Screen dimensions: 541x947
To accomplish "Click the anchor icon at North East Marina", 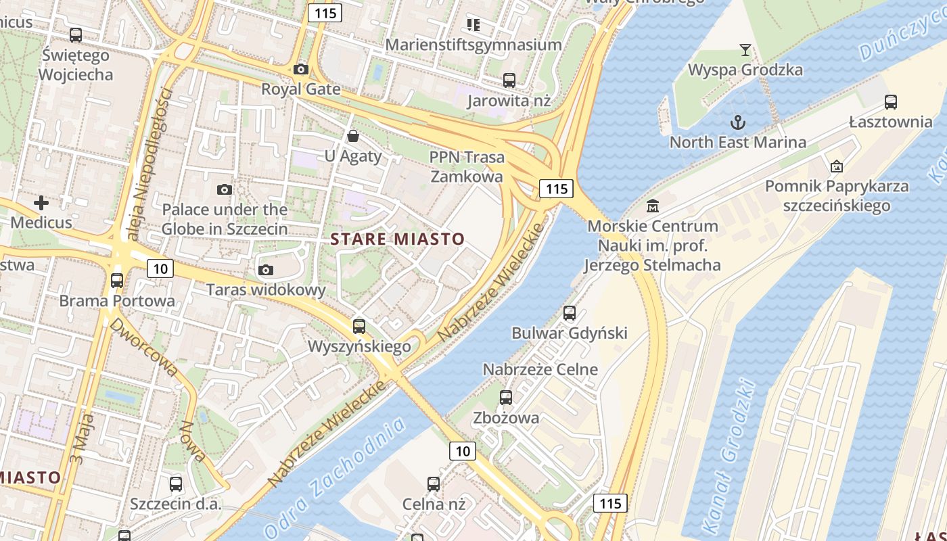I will coord(738,122).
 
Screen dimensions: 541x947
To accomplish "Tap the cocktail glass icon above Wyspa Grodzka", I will coord(745,49).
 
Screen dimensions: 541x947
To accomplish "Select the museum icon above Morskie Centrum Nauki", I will coord(653,206).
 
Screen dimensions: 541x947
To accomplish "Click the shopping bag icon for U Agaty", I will coord(352,136).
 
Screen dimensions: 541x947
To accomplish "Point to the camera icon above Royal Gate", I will coord(301,69).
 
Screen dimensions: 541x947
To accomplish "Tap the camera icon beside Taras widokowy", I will coord(266,270).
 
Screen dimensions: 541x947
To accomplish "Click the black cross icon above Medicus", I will coord(41,202).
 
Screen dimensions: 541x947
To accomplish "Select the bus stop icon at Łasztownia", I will coord(891,102).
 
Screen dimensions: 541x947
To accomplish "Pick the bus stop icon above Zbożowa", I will coord(506,398).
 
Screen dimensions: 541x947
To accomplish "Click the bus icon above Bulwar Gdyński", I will coord(570,313).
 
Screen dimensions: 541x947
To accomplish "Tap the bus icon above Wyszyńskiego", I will coord(359,327).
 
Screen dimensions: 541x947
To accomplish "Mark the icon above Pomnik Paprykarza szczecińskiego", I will coord(837,166).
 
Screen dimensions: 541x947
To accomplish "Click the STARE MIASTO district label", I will coord(397,239).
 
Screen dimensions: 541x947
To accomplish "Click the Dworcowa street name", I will coord(144,348).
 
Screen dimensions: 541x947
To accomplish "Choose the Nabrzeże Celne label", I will coord(540,369).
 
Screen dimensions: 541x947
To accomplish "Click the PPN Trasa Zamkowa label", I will coord(467,167).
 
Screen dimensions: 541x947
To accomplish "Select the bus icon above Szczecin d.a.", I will coord(176,484).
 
